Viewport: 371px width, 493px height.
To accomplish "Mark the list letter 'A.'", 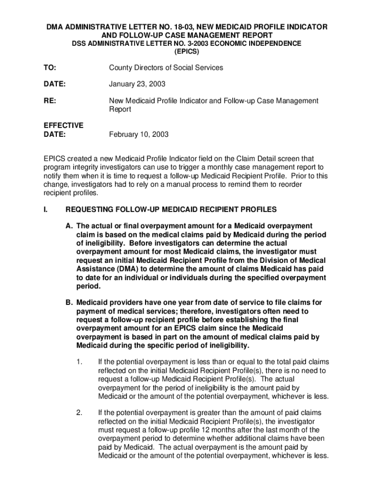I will (x=69, y=226).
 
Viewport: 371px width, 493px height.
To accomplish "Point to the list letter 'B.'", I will (x=69, y=302).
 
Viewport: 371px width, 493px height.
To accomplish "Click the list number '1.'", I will (x=79, y=362).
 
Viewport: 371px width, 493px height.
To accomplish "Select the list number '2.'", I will (x=79, y=413).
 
